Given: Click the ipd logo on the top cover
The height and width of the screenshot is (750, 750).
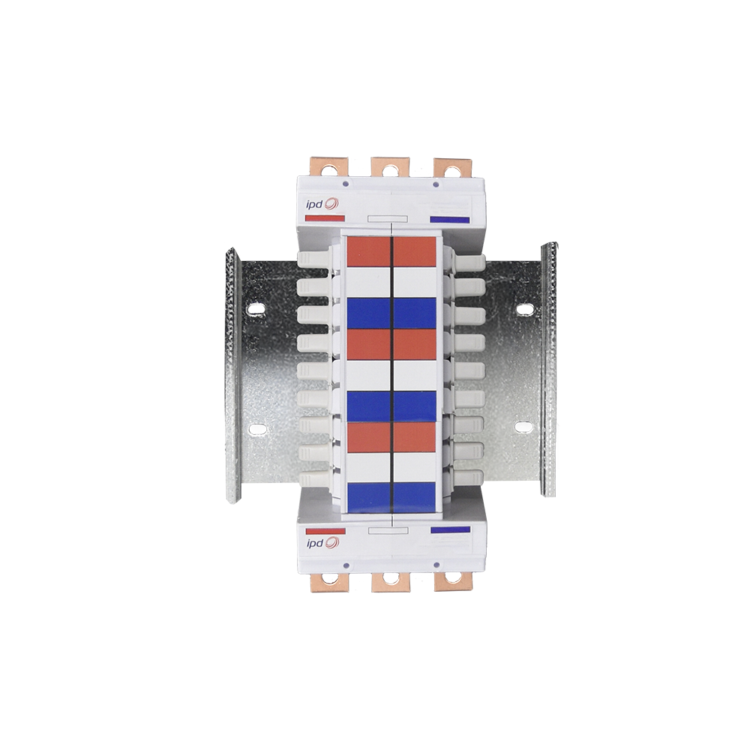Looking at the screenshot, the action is (322, 204).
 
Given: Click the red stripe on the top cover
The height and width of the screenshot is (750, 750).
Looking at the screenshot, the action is (325, 218).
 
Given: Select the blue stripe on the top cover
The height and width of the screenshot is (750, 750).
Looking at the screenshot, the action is (450, 220).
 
